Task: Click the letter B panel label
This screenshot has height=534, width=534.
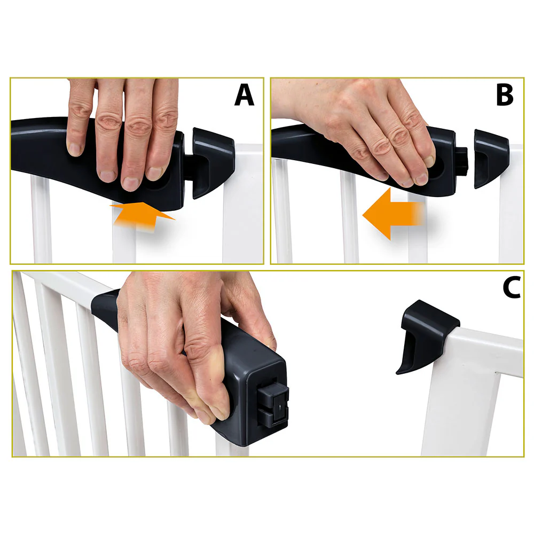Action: [504, 95]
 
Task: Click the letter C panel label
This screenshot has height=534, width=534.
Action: [512, 288]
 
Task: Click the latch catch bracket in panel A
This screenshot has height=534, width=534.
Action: [211, 160]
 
